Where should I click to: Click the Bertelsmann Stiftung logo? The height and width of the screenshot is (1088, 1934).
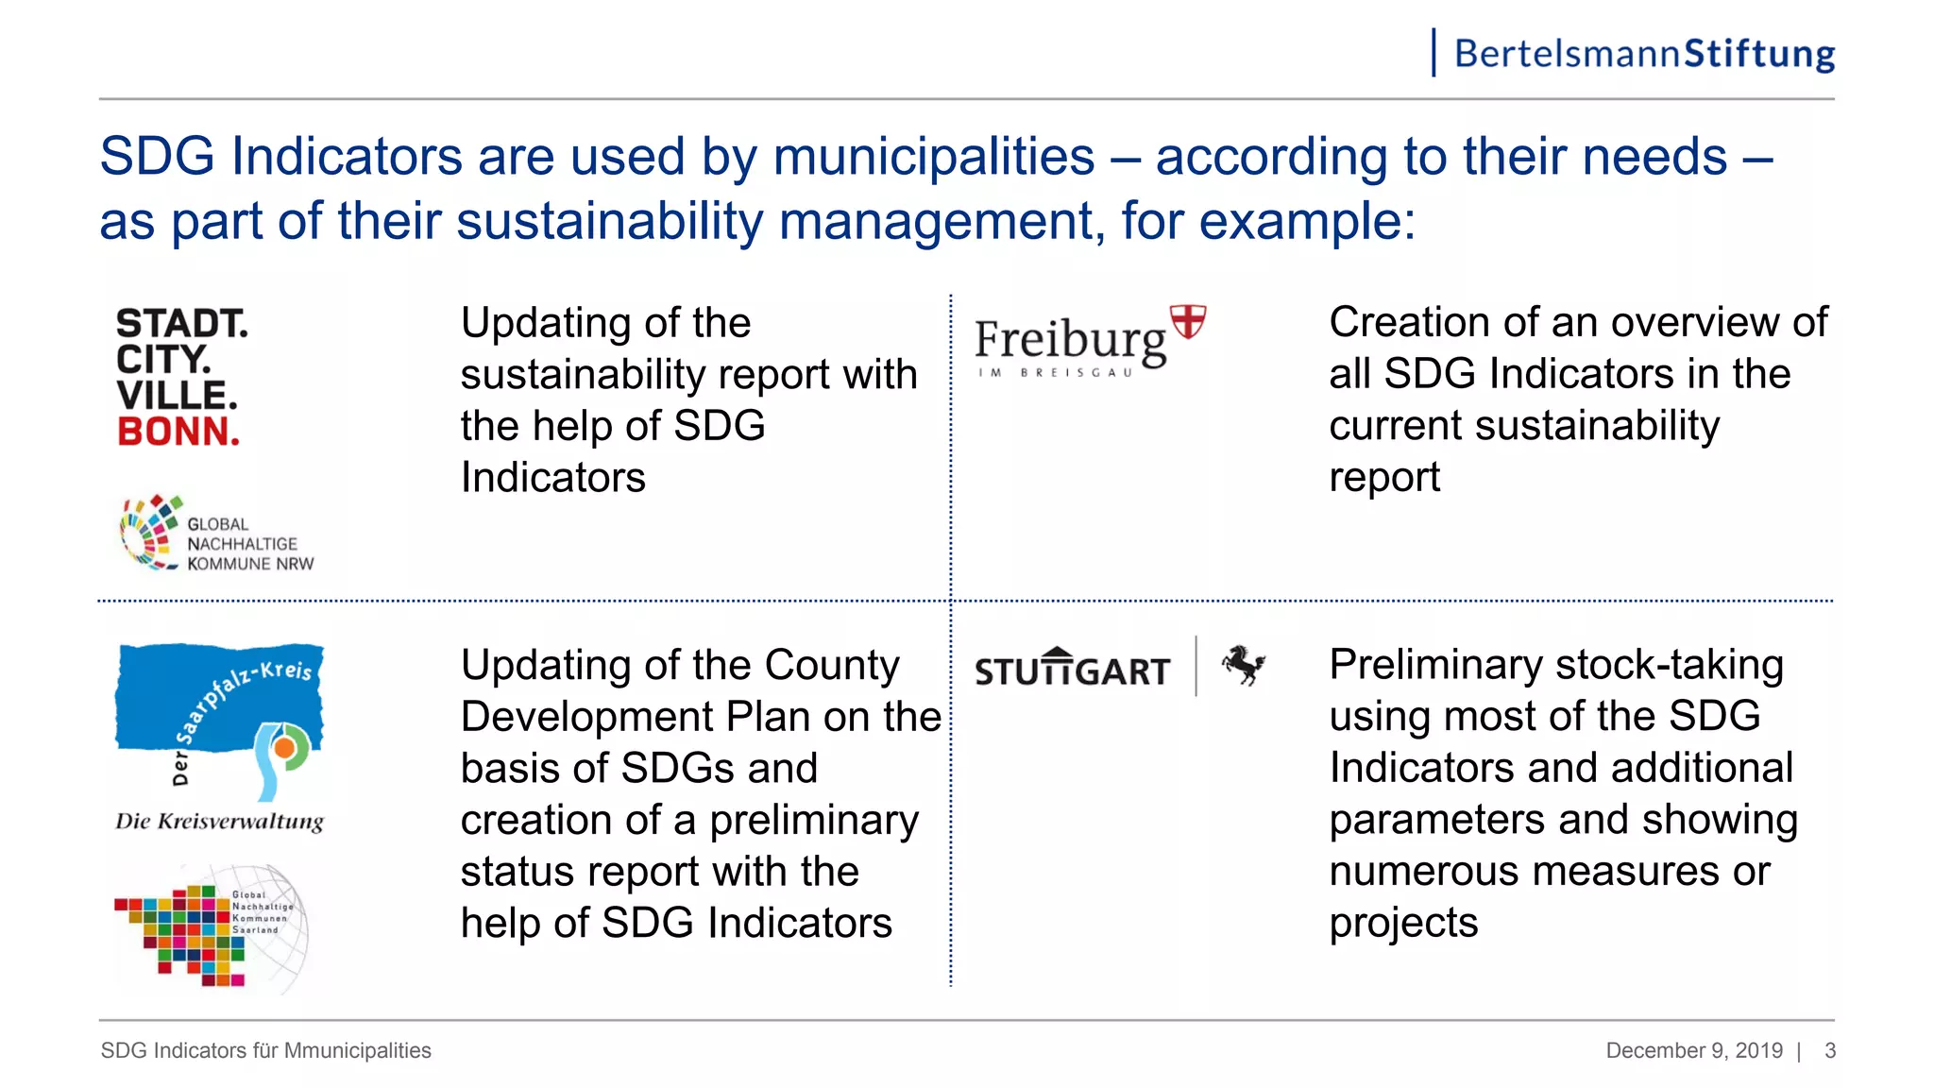(1643, 54)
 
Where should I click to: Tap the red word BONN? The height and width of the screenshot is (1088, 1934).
(178, 432)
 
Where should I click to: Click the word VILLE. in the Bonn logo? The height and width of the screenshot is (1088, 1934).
(177, 395)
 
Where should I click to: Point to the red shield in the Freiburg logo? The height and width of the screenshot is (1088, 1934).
(1188, 321)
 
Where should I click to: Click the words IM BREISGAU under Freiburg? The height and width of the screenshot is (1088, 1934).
(1055, 372)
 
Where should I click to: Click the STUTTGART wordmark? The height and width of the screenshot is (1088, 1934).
(1073, 669)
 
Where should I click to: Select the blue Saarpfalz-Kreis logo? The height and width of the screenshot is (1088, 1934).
(219, 718)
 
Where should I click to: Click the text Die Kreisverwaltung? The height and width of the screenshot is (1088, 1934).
(219, 821)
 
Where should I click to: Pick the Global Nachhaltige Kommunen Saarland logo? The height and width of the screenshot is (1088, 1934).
(212, 927)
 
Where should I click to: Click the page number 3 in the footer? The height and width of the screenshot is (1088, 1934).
(1830, 1050)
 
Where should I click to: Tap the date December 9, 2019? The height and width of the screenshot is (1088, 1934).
(1694, 1050)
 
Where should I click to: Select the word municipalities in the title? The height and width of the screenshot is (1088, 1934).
(933, 157)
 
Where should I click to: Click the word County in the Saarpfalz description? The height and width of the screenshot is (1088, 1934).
(831, 665)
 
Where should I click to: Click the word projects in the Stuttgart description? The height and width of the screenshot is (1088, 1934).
(1403, 923)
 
